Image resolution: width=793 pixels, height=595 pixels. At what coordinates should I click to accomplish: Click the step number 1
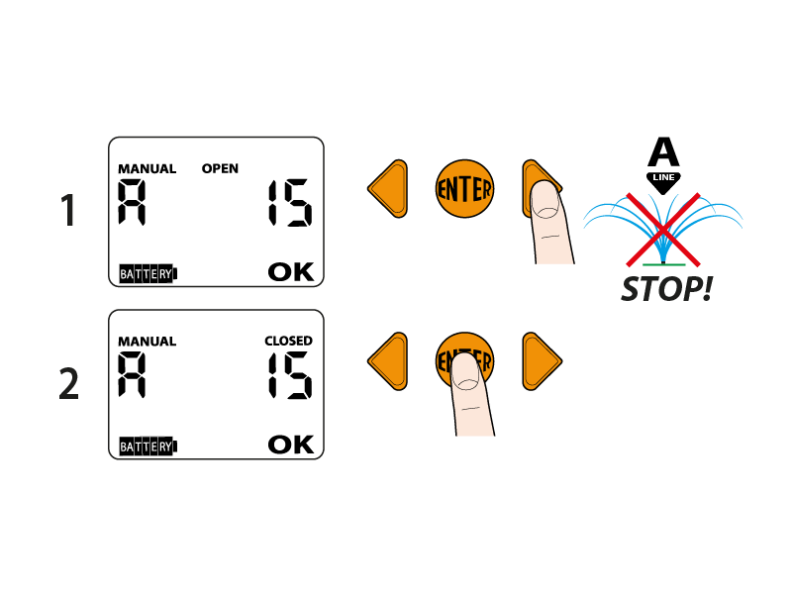click(x=68, y=211)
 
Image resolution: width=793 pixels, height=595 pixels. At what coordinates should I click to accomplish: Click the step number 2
click(x=68, y=384)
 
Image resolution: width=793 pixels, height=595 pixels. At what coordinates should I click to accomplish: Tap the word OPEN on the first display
click(x=220, y=168)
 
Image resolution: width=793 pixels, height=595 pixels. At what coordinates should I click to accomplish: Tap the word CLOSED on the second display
click(x=288, y=341)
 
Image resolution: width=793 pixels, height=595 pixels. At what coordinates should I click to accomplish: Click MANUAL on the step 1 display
click(x=147, y=168)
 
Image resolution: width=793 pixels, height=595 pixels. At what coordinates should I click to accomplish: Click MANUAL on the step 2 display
click(x=147, y=342)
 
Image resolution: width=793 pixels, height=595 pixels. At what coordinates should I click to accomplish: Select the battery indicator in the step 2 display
click(x=147, y=446)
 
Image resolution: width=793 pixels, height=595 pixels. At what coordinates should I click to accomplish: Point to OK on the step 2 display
click(x=291, y=445)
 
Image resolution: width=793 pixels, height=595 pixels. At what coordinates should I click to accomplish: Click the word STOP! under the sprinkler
click(x=665, y=290)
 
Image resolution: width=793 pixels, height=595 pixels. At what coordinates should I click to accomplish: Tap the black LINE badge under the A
click(x=664, y=177)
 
